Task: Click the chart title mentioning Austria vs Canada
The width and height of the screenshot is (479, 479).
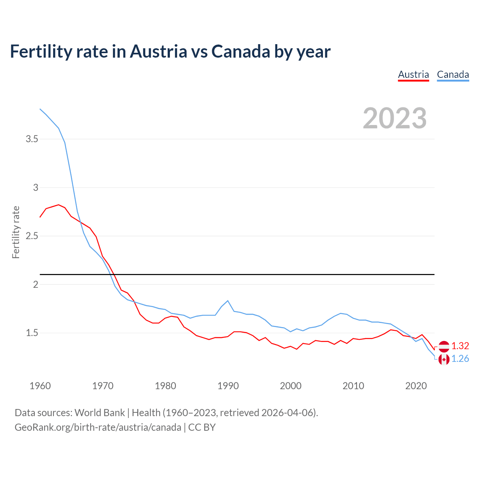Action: pos(170,52)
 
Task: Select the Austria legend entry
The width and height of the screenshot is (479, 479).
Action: pos(413,74)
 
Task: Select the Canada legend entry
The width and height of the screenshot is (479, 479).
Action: pos(453,74)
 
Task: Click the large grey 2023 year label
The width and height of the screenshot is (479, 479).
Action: pos(394,118)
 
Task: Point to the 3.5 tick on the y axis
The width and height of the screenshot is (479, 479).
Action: pos(32,139)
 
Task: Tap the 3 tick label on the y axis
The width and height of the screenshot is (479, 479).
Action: pos(36,187)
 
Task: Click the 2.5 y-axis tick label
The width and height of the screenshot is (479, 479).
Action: pos(32,236)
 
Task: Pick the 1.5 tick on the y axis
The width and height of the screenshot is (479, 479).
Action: pos(32,333)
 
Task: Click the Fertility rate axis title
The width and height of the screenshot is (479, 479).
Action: pos(16,232)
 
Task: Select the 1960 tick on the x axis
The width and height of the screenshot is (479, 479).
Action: pos(40,386)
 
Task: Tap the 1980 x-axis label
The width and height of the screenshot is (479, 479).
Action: pos(165,386)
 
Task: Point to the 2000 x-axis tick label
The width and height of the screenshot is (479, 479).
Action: pos(290,386)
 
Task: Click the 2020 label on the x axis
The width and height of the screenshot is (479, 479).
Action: pos(416,386)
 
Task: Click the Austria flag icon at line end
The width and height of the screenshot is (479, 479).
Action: pos(444,347)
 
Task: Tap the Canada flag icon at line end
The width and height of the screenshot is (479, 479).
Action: pos(444,359)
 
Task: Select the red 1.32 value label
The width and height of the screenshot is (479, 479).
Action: pos(460,346)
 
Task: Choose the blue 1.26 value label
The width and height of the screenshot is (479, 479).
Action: pos(460,359)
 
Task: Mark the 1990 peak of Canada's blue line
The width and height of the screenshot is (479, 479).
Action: pos(228,301)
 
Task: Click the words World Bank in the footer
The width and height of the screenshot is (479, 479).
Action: pos(100,413)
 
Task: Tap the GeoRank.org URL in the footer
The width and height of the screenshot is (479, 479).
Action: pos(98,427)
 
